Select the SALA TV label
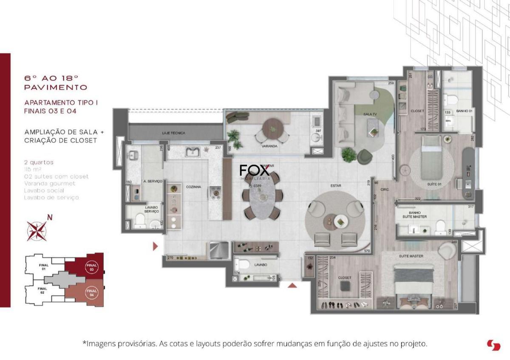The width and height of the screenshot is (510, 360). [370, 114]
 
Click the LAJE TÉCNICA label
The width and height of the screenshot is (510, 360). [173, 133]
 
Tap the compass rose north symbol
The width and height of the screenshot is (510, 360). [37, 230]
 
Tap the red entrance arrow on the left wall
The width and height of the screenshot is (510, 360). [156, 246]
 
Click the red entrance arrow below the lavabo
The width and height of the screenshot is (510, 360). [292, 285]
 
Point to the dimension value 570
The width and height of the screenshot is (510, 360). [366, 251]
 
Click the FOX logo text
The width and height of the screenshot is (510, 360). [254, 171]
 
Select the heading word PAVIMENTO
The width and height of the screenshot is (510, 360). [56, 88]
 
